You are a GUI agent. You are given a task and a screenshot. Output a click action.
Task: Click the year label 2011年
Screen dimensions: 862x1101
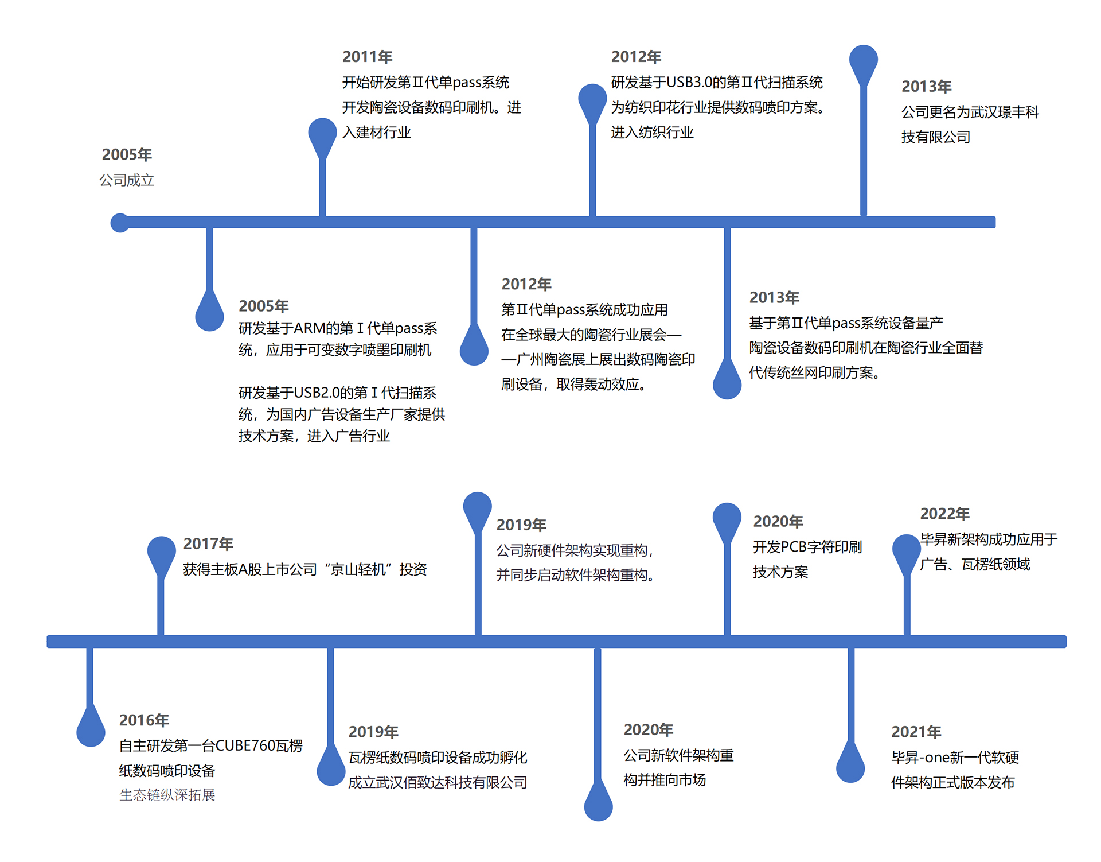click(367, 57)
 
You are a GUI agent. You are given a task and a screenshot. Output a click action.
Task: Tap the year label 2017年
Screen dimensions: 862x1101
click(208, 543)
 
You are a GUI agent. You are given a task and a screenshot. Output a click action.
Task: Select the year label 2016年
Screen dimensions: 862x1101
click(144, 720)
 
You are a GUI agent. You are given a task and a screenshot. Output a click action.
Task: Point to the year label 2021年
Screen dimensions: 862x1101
click(916, 732)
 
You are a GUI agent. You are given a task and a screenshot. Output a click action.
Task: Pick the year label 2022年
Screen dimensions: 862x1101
click(944, 514)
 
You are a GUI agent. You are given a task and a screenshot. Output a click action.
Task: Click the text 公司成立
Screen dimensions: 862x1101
click(127, 180)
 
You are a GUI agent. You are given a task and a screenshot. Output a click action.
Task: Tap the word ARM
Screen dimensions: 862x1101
click(310, 328)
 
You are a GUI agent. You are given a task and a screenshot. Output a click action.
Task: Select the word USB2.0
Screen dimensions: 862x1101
click(317, 393)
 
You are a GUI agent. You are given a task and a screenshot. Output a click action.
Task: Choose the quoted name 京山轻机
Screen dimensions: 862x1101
click(358, 569)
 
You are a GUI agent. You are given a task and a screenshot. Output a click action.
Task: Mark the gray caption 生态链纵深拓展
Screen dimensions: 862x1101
click(167, 795)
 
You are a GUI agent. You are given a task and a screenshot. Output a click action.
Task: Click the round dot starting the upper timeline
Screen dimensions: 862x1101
click(120, 223)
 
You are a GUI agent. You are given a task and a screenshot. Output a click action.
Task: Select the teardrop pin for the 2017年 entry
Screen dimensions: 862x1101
click(161, 553)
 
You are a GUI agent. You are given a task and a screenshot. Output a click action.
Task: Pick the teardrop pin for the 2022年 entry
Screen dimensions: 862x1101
click(906, 551)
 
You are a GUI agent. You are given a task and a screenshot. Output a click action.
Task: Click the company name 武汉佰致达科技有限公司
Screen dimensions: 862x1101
click(451, 782)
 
